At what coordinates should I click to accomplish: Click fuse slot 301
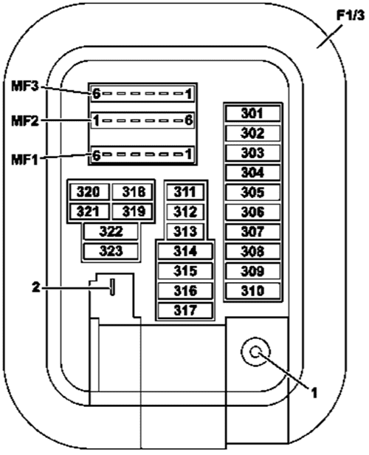(253, 114)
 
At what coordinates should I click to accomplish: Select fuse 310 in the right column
(253, 291)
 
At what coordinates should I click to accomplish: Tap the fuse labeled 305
(253, 192)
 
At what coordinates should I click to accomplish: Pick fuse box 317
(185, 310)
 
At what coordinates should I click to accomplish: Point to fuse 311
(185, 192)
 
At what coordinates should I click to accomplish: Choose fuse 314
(185, 251)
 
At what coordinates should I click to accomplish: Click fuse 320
(89, 192)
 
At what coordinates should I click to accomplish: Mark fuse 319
(132, 211)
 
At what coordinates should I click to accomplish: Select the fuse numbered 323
(111, 251)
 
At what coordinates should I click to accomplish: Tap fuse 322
(111, 232)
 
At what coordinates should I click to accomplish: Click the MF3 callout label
(25, 86)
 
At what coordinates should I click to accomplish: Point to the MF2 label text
(25, 120)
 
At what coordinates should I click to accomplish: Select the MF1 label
(25, 160)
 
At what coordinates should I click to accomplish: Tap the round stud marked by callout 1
(255, 352)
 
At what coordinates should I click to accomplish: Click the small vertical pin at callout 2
(112, 287)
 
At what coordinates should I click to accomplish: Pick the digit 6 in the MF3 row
(96, 94)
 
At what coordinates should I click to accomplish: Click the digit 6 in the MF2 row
(189, 120)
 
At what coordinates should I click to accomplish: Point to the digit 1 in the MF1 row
(188, 154)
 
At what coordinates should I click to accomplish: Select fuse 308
(253, 251)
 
